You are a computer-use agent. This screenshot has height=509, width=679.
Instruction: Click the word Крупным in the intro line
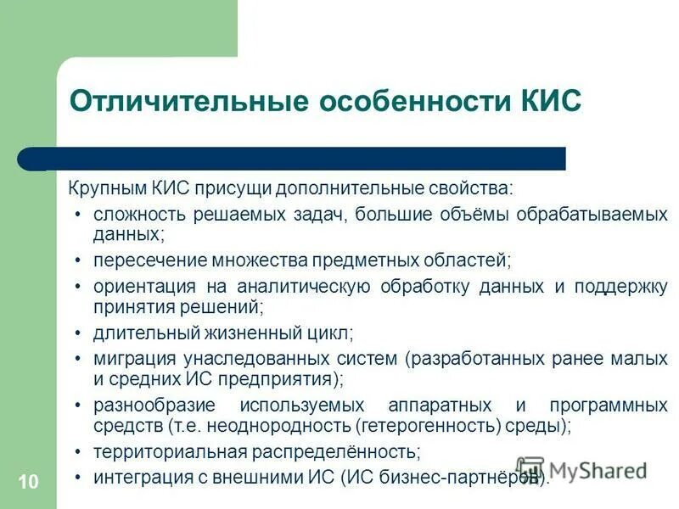tap(107, 186)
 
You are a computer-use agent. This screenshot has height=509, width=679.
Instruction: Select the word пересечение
tap(141, 259)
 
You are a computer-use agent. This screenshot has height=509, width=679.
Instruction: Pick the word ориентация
tap(139, 287)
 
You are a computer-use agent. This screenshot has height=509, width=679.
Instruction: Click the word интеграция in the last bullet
tap(137, 478)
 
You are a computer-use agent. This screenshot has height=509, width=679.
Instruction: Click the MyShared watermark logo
tap(581, 469)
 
